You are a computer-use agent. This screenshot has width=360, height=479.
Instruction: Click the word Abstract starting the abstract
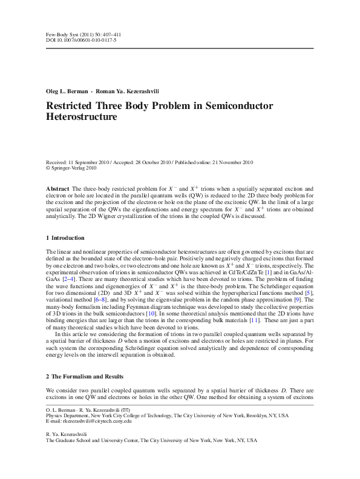[x=57, y=190]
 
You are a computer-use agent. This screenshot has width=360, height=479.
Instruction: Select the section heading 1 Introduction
[x=65, y=237]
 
